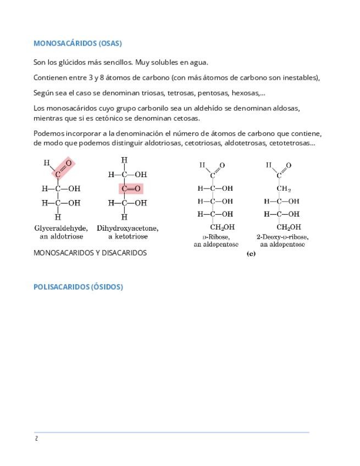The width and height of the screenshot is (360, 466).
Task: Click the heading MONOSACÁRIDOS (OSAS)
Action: point(77,43)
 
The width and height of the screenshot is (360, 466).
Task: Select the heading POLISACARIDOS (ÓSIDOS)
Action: point(78,287)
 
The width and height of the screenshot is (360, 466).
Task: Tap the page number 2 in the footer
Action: point(36,439)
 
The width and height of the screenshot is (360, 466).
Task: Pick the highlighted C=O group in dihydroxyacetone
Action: point(131,188)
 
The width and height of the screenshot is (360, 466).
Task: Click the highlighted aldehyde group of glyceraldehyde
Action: point(63,168)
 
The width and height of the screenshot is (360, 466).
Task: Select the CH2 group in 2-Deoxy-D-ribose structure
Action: point(284,188)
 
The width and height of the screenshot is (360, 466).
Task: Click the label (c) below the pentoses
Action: point(251,253)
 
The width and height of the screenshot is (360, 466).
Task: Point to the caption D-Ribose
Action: point(215,237)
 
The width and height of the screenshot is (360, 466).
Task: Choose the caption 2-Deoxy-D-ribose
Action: point(283,237)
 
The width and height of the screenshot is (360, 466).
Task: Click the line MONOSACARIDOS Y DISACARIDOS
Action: point(90,253)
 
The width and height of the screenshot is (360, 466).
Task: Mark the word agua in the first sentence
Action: point(198,62)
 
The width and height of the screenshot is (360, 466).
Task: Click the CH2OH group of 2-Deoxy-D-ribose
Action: point(288,227)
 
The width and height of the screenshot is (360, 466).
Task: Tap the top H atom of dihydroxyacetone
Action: point(124,160)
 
